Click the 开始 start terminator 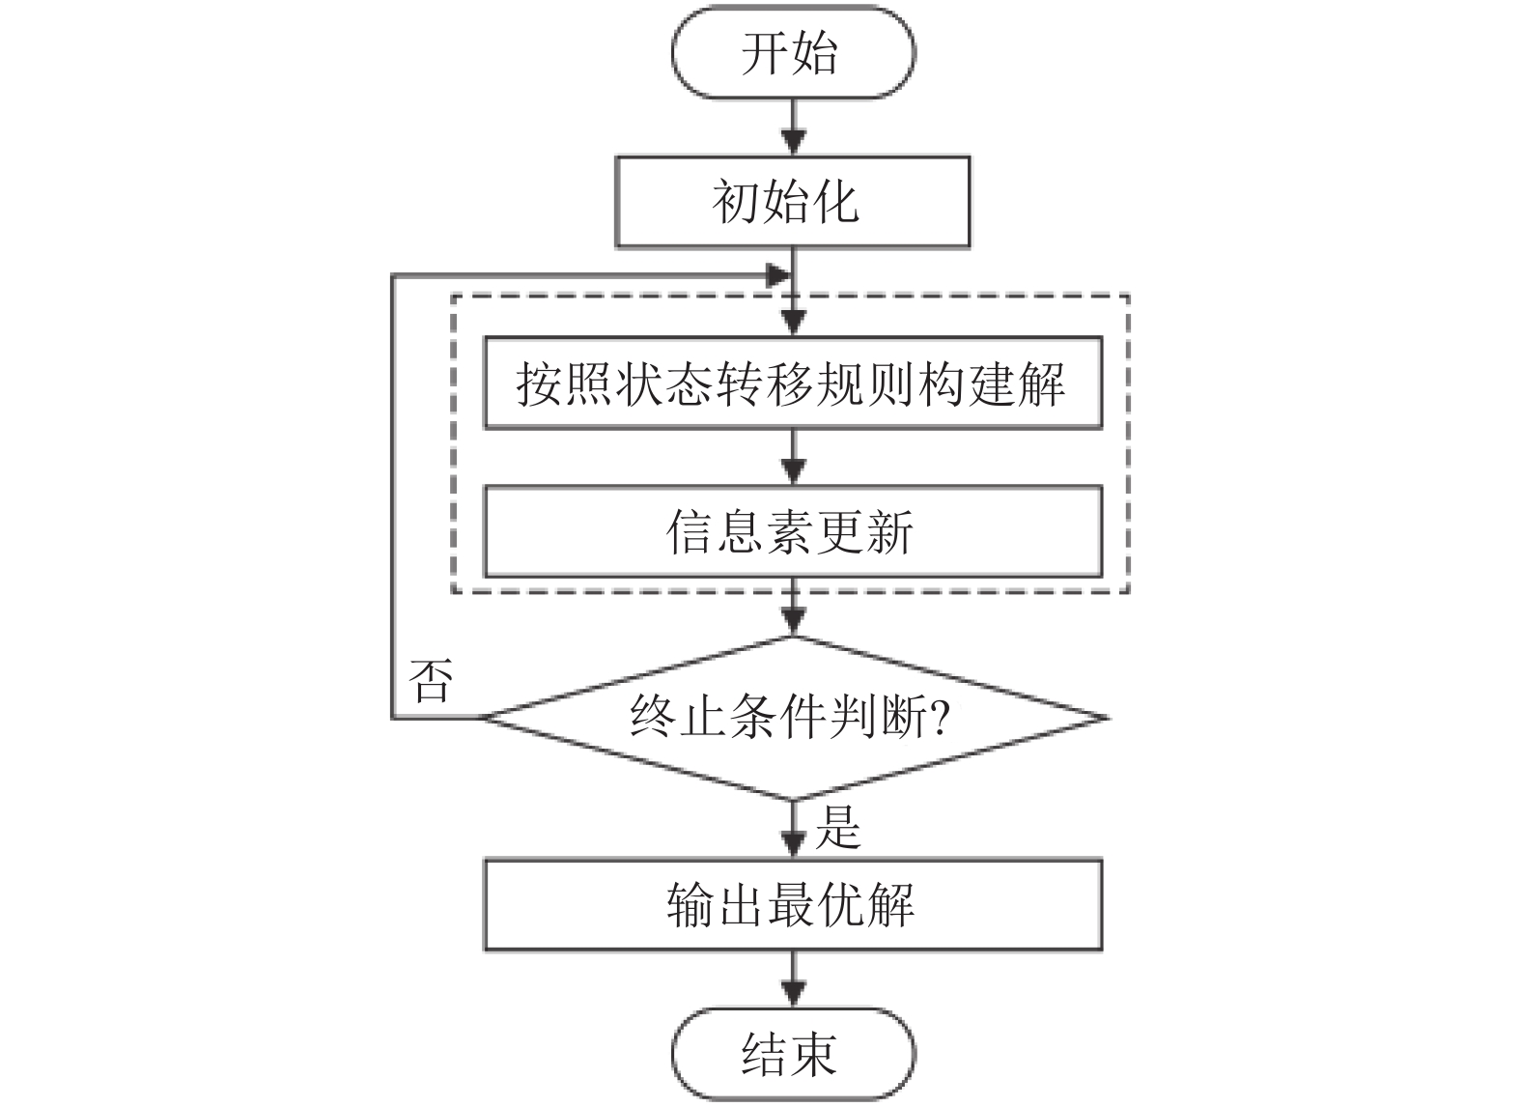(793, 52)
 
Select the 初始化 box (793, 202)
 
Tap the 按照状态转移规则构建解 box (793, 383)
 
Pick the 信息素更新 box (793, 531)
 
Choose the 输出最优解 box (793, 904)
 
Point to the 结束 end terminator (793, 1053)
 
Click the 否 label (431, 681)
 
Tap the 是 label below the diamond (838, 827)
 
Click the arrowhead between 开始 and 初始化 (793, 142)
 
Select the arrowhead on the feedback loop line (778, 275)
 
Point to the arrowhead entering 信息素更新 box (793, 471)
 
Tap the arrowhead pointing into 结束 (793, 994)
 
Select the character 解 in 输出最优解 (890, 905)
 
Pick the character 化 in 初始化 (836, 203)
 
